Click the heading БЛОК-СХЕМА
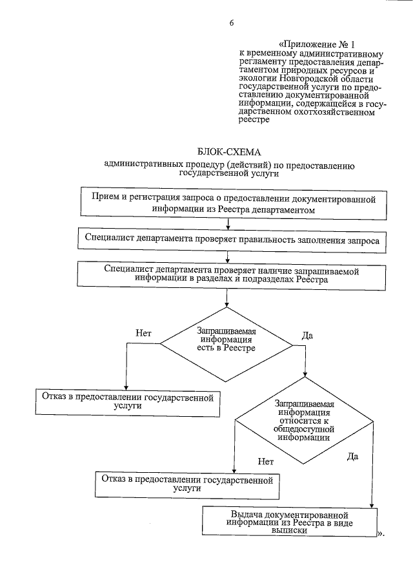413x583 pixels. [230, 152]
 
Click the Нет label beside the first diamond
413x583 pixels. [143, 334]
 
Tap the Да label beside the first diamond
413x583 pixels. [308, 336]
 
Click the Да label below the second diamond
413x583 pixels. [352, 456]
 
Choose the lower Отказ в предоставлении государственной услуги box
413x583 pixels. [188, 484]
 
